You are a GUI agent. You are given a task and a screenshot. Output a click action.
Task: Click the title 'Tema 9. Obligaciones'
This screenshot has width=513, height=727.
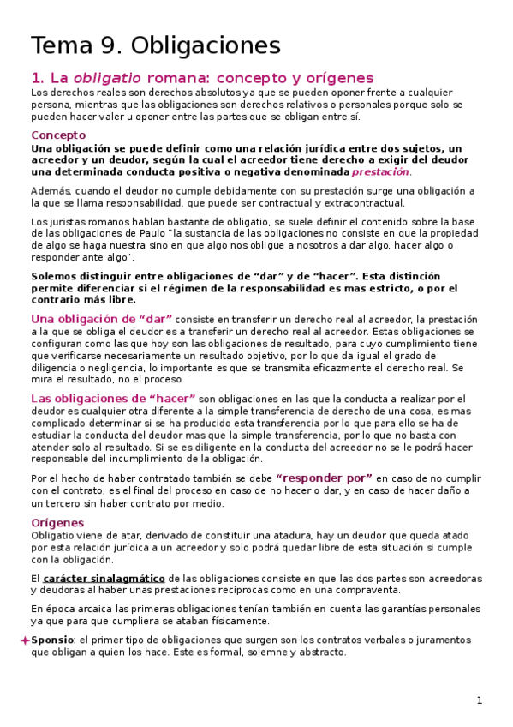[x=155, y=45]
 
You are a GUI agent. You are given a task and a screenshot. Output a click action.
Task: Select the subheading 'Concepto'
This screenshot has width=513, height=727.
[x=58, y=135]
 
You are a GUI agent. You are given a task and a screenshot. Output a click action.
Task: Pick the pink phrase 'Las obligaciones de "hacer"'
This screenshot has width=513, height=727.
[x=114, y=399]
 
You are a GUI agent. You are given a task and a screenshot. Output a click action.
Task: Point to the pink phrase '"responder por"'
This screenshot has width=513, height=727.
[x=324, y=478]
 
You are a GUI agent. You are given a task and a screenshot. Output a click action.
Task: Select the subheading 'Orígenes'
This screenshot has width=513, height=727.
[x=57, y=522]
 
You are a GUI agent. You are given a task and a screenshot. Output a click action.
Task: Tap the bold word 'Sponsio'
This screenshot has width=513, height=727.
[x=52, y=640]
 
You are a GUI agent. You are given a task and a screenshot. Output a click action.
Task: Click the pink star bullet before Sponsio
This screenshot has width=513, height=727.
[x=24, y=640]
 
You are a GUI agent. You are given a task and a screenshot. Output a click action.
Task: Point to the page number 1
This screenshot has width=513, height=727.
[x=480, y=700]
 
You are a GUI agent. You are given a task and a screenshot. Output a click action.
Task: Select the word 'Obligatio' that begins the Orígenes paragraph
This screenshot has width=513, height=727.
[x=55, y=535]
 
